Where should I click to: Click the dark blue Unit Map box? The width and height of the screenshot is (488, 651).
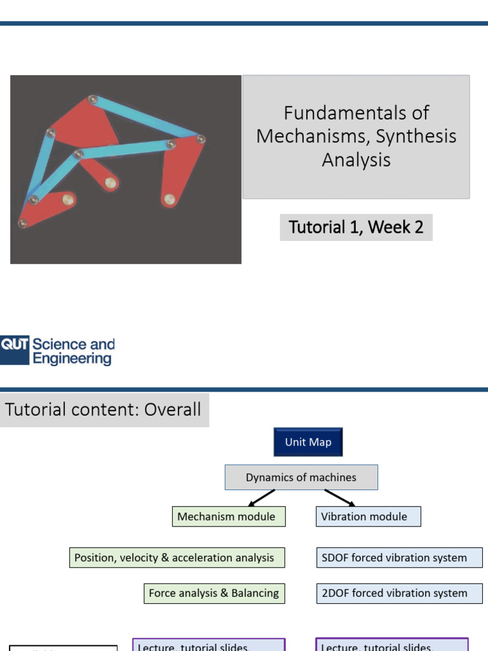pos(308,442)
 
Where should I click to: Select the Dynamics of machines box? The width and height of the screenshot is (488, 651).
pos(301,477)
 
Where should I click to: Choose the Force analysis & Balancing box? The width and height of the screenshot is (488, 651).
pos(214,593)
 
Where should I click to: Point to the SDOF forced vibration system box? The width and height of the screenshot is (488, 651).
pos(394,558)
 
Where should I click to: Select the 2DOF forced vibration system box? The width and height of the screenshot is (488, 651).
pos(394,593)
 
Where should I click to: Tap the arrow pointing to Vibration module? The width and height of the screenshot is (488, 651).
pos(339,498)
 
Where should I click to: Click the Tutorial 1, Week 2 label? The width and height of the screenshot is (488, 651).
pos(356,227)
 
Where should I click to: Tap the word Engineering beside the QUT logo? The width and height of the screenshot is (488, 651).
pos(72,359)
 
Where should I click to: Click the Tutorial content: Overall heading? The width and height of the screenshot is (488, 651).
pos(103,409)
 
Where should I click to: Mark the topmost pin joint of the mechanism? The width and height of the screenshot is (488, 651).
pos(93,99)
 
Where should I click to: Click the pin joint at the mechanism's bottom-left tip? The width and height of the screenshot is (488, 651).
pos(23,223)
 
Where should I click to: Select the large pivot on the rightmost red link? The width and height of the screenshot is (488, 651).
pos(169,200)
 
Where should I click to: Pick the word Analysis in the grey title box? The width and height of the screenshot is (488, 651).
pos(356,160)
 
